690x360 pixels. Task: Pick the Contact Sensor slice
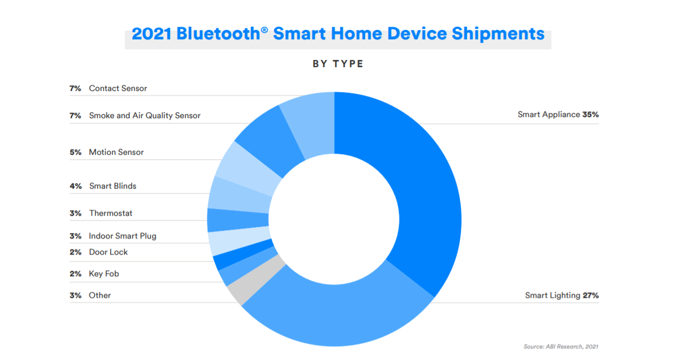tap(311, 123)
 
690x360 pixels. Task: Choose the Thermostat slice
tap(237, 220)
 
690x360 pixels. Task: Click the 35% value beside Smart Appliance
tap(591, 115)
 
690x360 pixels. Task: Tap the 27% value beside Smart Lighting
tap(591, 295)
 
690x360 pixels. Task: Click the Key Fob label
tap(104, 274)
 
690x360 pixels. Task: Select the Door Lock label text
tap(108, 252)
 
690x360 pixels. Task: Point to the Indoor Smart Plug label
tap(123, 236)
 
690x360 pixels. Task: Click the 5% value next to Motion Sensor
tap(75, 152)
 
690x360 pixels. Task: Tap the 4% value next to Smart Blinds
tap(75, 186)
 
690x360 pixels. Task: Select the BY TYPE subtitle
tap(338, 64)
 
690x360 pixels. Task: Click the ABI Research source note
tap(561, 347)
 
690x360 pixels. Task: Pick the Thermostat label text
tap(110, 213)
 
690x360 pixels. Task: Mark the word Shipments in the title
tap(498, 34)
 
